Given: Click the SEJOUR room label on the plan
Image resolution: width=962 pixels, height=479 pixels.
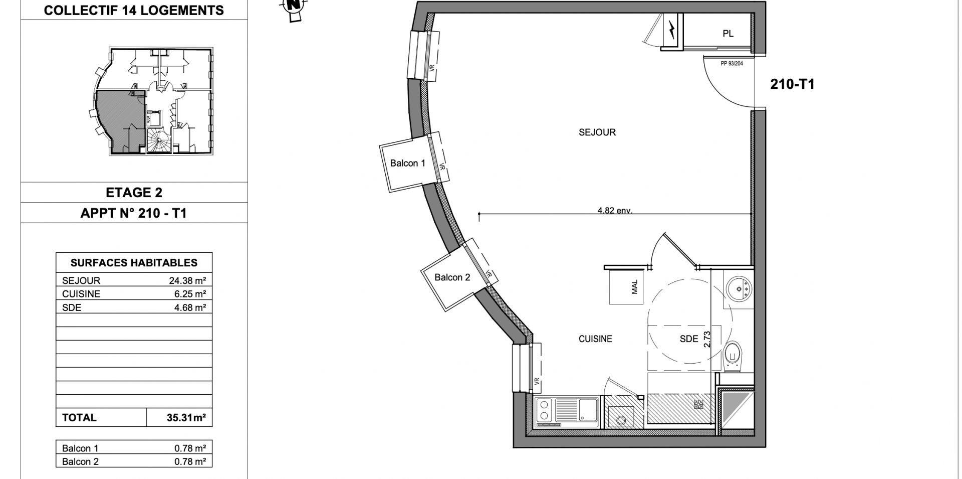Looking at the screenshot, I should tap(597, 132).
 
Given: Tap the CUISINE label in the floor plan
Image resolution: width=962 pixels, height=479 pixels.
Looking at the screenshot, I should tap(595, 339).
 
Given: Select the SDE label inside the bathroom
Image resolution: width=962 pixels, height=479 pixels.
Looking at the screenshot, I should tap(688, 339).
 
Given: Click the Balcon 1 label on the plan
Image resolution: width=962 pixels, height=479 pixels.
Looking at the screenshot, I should tap(407, 163).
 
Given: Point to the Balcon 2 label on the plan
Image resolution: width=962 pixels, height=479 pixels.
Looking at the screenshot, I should tap(452, 277).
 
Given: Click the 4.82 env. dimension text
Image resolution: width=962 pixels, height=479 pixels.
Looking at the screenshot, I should tap(615, 211).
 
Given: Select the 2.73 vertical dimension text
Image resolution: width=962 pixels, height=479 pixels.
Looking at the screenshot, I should tap(707, 340).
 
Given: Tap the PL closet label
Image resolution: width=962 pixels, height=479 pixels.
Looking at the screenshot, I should tap(728, 34).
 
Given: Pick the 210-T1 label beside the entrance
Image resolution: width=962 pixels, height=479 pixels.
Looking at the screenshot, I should tap(792, 84).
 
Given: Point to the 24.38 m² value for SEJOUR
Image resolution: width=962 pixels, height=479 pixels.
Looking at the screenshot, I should tap(187, 281).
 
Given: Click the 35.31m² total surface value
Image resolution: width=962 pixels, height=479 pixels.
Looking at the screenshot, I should tap(186, 417).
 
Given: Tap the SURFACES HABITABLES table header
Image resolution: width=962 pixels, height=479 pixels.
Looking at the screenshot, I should tap(134, 263).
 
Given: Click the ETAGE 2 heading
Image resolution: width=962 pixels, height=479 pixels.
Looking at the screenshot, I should tap(134, 193).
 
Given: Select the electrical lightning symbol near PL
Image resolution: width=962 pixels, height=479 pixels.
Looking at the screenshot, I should tap(671, 30).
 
